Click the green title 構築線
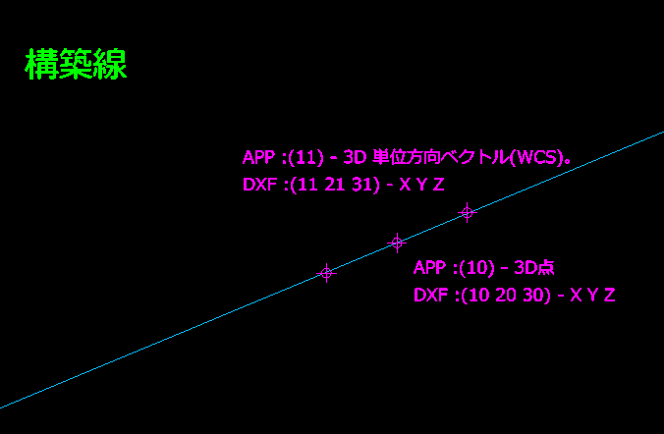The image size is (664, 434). (x=77, y=64)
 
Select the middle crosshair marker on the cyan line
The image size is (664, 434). (x=397, y=243)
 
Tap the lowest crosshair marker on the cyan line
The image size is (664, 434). (x=326, y=273)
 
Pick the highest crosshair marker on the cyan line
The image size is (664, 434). (x=468, y=212)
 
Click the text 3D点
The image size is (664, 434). (x=534, y=268)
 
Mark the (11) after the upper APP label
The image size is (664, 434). (x=305, y=157)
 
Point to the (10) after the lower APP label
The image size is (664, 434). (x=476, y=268)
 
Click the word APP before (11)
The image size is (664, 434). (x=258, y=157)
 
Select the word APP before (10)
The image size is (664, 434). (x=430, y=268)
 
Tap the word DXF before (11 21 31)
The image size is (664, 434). (x=259, y=185)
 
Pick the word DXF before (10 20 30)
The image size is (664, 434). (x=430, y=296)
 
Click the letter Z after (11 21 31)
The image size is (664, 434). (x=439, y=185)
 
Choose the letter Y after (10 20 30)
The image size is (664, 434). (x=592, y=296)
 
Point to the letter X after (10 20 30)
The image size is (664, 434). (x=576, y=296)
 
